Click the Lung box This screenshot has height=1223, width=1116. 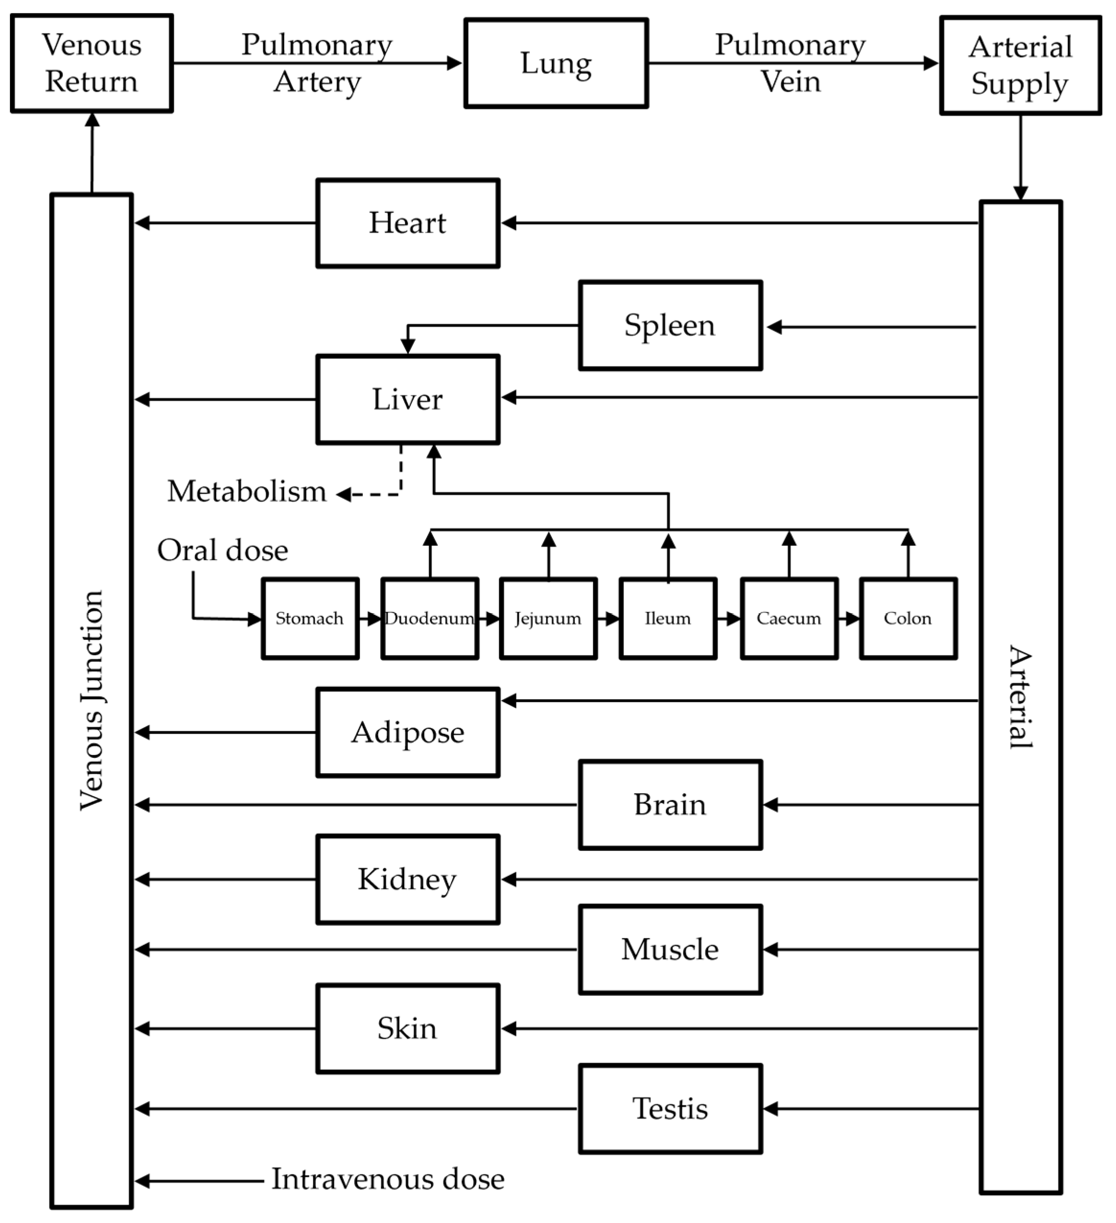(556, 63)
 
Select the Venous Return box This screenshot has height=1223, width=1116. (92, 63)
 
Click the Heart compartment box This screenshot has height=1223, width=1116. (407, 223)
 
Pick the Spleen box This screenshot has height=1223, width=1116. (670, 325)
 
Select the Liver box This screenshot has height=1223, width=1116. (407, 399)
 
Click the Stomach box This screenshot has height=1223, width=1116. (310, 618)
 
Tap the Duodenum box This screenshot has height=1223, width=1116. (430, 618)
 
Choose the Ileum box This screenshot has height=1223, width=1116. (668, 618)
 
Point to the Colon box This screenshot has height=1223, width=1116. (908, 618)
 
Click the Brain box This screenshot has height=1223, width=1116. (670, 804)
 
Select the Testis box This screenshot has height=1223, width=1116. (670, 1109)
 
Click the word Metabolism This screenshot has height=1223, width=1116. (247, 492)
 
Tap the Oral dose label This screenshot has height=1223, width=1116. (222, 550)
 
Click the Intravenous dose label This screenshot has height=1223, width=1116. (387, 1179)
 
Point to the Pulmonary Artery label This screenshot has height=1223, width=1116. (316, 63)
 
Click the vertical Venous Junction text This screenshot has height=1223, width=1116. (92, 700)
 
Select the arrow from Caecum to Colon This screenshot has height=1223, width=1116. (849, 619)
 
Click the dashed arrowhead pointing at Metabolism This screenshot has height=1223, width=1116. (344, 494)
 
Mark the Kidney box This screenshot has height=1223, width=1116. (407, 879)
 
